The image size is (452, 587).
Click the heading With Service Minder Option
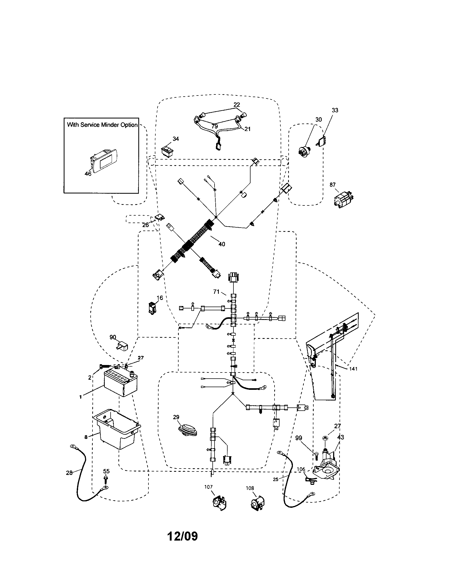102,125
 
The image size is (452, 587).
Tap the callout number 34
176,139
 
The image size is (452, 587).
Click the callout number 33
335,110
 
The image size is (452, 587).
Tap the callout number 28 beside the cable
69,473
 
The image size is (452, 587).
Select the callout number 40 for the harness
222,244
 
